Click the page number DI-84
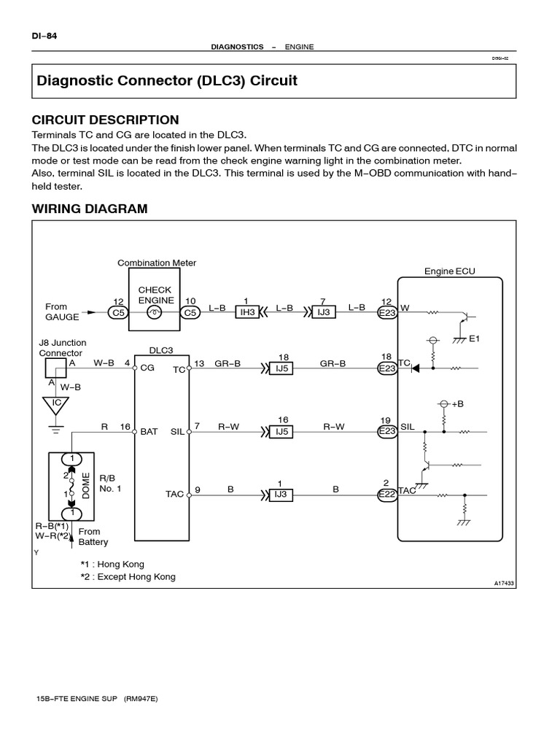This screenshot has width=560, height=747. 44,35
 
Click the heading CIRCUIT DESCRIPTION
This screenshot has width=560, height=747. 106,120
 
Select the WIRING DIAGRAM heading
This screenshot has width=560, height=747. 90,209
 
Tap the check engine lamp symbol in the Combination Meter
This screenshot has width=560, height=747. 154,313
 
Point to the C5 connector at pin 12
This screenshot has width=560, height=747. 117,313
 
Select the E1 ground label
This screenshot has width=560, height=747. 475,338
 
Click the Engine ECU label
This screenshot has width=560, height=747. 450,271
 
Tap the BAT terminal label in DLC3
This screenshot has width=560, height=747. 149,432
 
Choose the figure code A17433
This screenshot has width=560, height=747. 505,583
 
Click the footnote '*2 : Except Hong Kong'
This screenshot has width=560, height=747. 128,576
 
